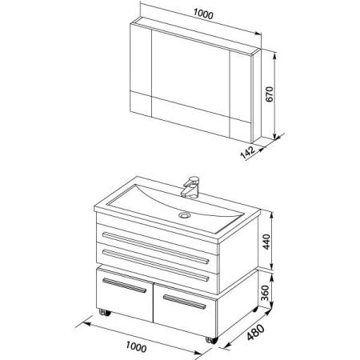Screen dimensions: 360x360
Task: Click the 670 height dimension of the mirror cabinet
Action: [270, 94]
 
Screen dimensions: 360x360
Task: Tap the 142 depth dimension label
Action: [248, 152]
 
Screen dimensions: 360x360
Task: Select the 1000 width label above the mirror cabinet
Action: [203, 14]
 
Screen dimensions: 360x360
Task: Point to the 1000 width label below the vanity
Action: [136, 347]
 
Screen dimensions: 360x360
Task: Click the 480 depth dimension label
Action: [255, 332]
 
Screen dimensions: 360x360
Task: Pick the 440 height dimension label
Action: [266, 242]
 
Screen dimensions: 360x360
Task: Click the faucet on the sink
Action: [190, 186]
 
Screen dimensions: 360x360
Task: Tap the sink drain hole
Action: [184, 214]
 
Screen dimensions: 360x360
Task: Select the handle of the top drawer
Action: [156, 248]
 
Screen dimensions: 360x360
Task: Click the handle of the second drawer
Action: [155, 266]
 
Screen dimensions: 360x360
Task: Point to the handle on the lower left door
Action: [125, 286]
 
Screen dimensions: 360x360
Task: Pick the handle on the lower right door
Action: [185, 302]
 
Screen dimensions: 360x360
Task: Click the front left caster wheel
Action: [105, 312]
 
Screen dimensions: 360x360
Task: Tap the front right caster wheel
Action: [212, 340]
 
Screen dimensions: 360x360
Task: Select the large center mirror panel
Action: [190, 74]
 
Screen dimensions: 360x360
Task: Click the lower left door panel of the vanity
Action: [125, 295]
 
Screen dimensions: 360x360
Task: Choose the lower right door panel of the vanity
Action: [186, 310]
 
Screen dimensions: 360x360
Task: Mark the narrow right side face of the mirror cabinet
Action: [257, 95]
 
